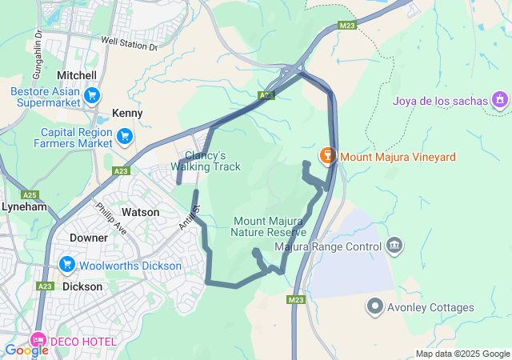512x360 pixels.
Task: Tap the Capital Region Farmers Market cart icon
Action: click(124, 137)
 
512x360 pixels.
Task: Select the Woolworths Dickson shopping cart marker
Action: click(67, 265)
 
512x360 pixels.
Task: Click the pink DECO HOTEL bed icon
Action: click(38, 341)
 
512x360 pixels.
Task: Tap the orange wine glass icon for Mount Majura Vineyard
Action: click(326, 156)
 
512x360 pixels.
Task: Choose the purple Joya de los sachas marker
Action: click(500, 100)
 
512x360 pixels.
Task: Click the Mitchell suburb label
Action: click(78, 74)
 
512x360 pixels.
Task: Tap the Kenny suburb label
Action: click(127, 114)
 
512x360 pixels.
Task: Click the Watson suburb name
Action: click(140, 212)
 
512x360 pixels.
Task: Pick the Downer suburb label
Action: click(89, 238)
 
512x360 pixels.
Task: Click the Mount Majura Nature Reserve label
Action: click(269, 226)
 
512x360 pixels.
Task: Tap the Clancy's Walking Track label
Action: click(206, 161)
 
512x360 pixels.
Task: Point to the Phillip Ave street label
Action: click(111, 218)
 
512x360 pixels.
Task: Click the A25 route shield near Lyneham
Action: click(30, 195)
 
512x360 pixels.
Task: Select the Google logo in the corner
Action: click(26, 350)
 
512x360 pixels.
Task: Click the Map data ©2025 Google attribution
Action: click(462, 354)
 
